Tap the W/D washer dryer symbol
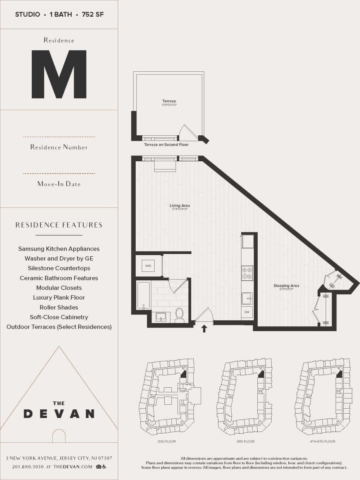pos(148,266)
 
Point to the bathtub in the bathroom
pos(143,295)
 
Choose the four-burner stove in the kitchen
pos(247,273)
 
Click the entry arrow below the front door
pos(204,329)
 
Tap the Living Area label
pos(180,205)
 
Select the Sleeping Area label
pos(286,286)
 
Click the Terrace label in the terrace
pos(169,101)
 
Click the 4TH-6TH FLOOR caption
pos(322,441)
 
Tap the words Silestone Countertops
pos(59,268)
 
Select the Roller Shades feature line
pos(59,307)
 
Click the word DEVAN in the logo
pos(59,414)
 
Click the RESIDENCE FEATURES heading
pos(59,225)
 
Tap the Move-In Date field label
pos(59,184)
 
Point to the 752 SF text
pos(93,15)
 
